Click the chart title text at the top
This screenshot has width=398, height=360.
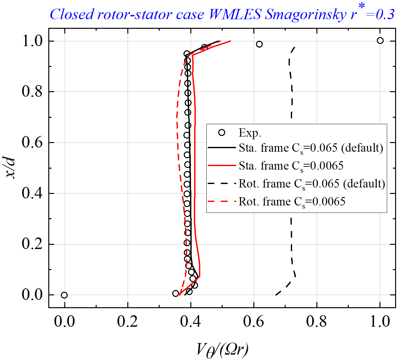(x=222, y=14)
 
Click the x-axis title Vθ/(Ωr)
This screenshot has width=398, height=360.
(x=222, y=350)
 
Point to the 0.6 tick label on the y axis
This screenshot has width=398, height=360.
(x=32, y=142)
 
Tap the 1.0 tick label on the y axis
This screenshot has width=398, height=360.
(x=32, y=41)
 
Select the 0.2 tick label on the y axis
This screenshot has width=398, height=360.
(x=32, y=244)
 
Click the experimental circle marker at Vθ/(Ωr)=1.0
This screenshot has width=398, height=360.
(x=380, y=40)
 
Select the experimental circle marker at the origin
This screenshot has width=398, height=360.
(x=64, y=295)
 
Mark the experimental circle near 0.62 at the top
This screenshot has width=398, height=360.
(x=259, y=44)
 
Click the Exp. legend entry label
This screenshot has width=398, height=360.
(x=250, y=133)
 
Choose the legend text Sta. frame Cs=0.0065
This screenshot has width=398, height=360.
(x=291, y=166)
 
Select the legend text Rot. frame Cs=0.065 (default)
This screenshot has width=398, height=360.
(x=312, y=184)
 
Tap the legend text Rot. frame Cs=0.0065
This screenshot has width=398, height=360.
(x=292, y=202)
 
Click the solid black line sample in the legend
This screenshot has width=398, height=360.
(x=221, y=148)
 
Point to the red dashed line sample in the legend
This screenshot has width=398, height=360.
(x=221, y=202)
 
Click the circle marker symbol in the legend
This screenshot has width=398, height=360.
(x=221, y=132)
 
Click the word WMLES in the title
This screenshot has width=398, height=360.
(x=235, y=14)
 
